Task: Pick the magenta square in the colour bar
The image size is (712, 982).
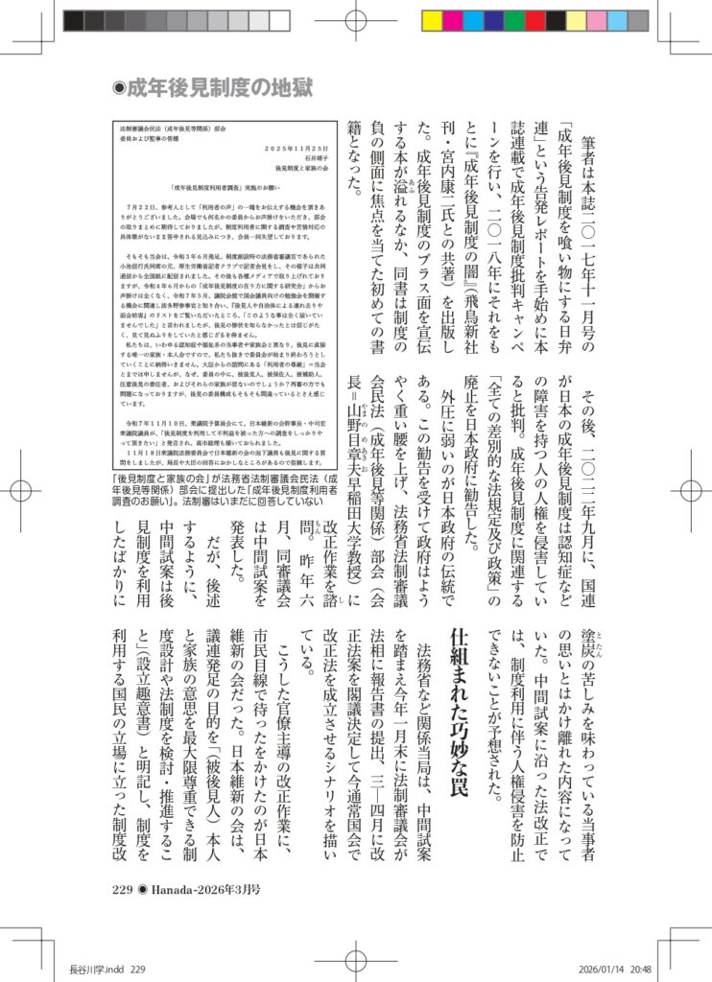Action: coord(453,20)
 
